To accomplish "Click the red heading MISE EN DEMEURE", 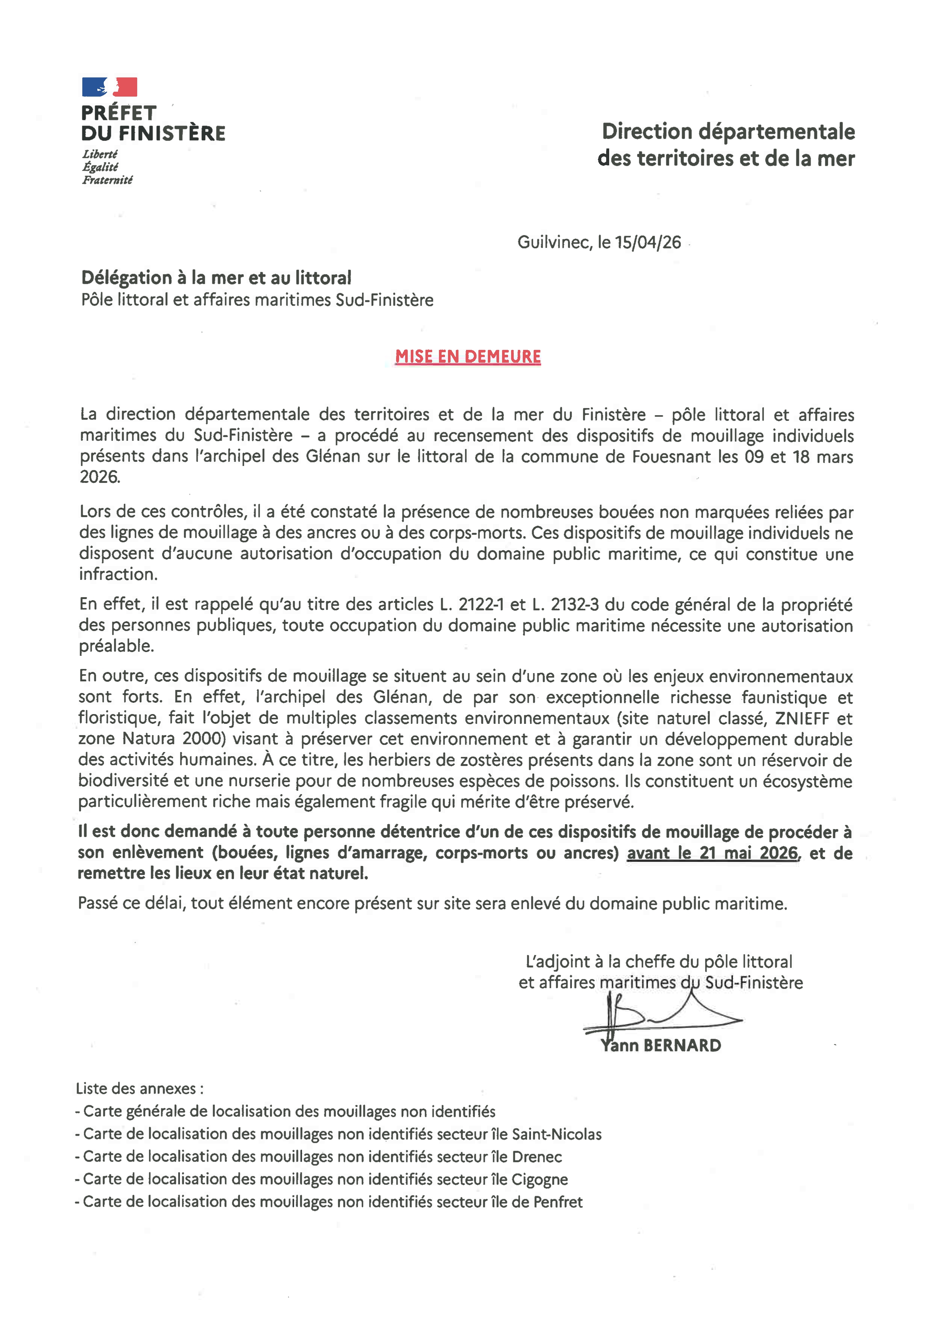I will click(x=468, y=357).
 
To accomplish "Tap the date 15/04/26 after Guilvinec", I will click(x=648, y=242).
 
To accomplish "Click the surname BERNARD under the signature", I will click(x=682, y=1045).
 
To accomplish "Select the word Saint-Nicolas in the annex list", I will click(x=557, y=1134).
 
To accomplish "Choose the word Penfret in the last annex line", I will click(x=558, y=1201).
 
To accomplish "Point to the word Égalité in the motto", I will click(x=100, y=166).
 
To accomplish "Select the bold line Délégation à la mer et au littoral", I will click(x=216, y=278).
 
